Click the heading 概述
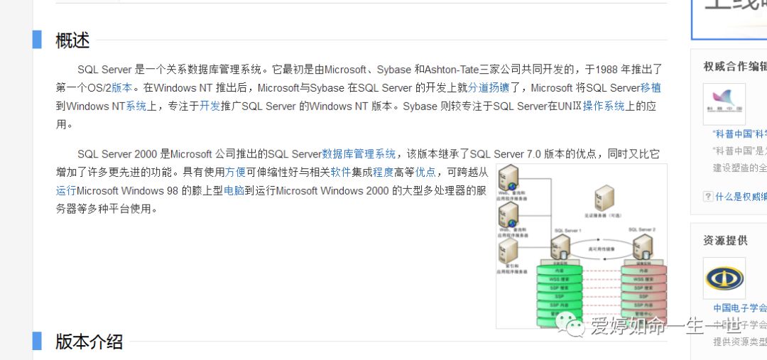(x=72, y=40)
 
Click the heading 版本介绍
(x=89, y=342)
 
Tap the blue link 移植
(x=651, y=88)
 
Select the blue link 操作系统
(x=604, y=107)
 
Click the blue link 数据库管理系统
(x=359, y=154)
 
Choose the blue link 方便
(x=236, y=172)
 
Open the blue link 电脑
(x=234, y=190)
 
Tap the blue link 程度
(x=383, y=172)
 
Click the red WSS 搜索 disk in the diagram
(x=643, y=279)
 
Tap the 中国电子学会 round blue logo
(x=724, y=278)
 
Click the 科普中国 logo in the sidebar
(x=724, y=104)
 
